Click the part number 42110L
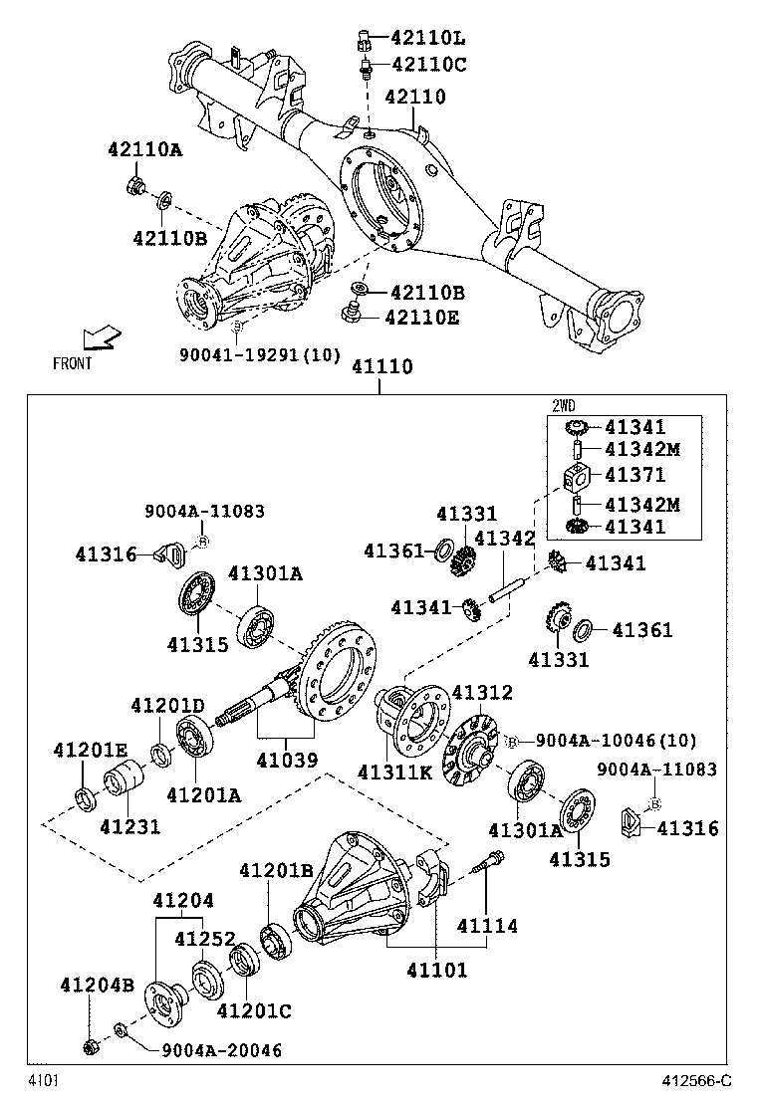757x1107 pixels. (x=428, y=39)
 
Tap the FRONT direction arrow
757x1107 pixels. (x=101, y=340)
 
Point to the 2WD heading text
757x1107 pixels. (x=565, y=406)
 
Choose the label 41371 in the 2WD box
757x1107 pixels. (x=634, y=476)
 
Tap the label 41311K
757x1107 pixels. (x=395, y=772)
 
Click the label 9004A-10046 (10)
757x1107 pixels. (x=616, y=740)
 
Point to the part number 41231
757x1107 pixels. (x=128, y=825)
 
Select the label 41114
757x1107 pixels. (x=487, y=926)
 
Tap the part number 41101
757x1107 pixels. (x=436, y=969)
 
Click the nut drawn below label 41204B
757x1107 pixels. (x=90, y=1046)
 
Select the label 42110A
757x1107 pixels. (x=145, y=150)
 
